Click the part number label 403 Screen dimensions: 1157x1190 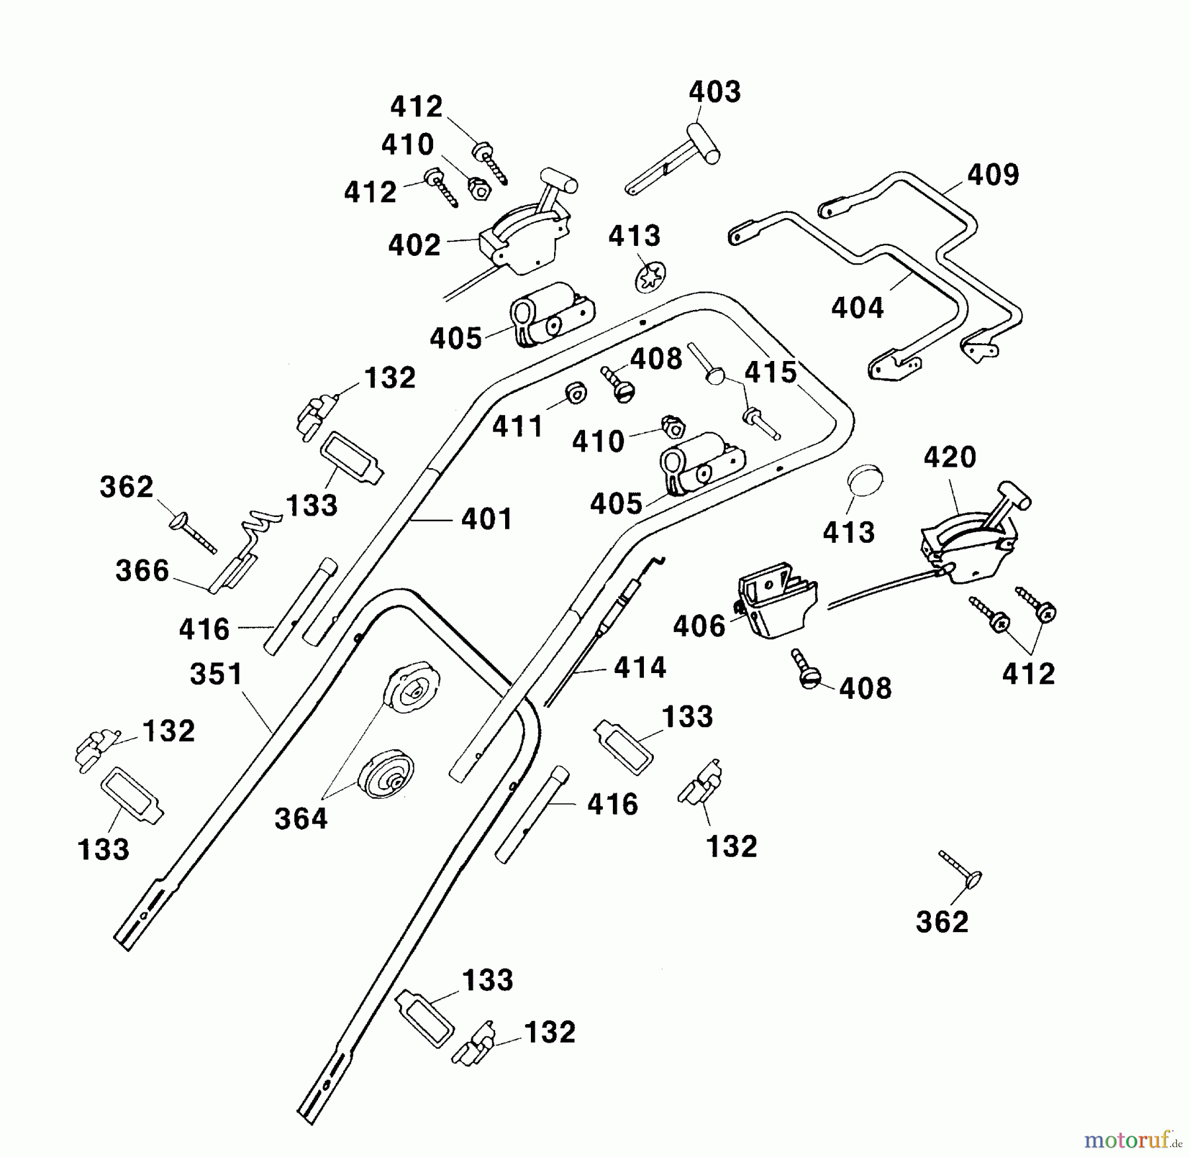point(715,92)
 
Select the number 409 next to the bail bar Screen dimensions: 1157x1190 point(993,175)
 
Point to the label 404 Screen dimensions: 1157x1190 point(857,308)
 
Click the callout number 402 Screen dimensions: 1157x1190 point(414,245)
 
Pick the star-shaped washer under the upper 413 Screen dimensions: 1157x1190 point(650,277)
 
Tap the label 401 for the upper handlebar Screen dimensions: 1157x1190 point(487,519)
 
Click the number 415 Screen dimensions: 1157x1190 point(770,373)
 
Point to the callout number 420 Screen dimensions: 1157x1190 point(949,458)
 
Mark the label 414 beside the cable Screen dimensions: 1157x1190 point(639,668)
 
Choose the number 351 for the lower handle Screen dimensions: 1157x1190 point(217,675)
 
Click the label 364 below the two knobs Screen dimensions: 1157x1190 point(301,819)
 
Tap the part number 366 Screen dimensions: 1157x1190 point(142,571)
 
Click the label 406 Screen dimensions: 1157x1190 point(699,626)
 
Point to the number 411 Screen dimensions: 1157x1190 point(518,427)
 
